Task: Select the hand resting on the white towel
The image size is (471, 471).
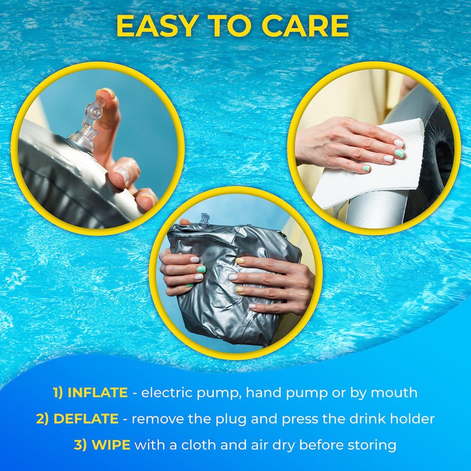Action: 341,147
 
